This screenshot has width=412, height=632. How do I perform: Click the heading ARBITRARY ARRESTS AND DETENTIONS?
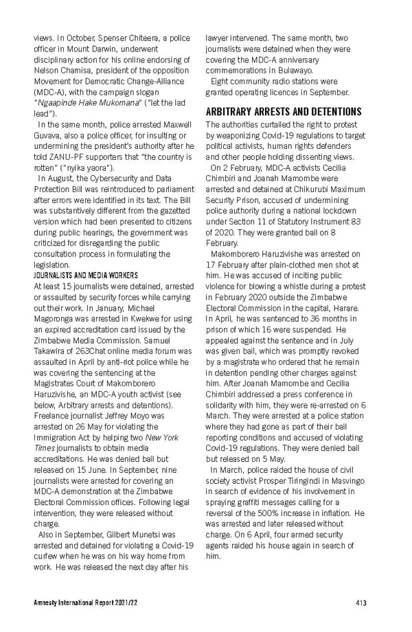click(x=284, y=112)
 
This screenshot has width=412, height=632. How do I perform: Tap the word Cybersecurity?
click(x=119, y=178)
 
